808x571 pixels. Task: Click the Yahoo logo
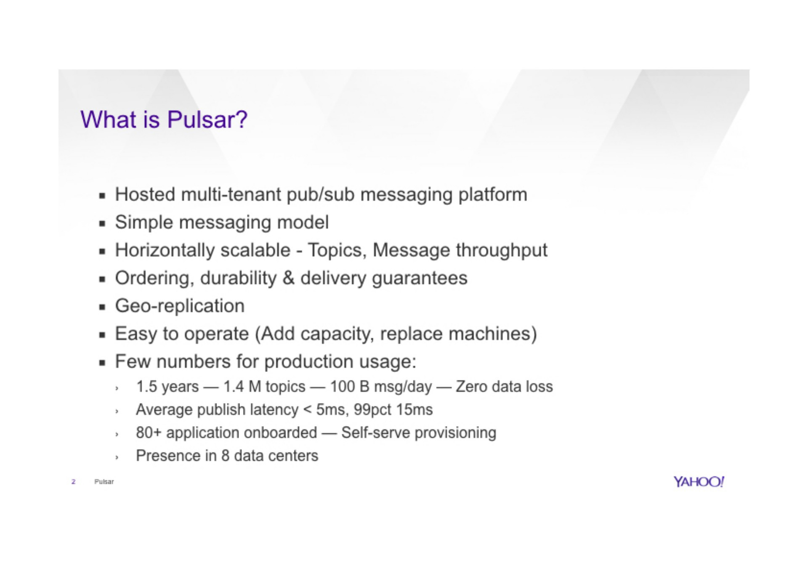pos(699,482)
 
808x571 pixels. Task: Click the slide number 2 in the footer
pos(74,481)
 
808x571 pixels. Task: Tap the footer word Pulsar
pos(104,481)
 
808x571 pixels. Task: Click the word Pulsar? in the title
pos(207,120)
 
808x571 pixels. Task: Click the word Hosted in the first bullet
pos(145,194)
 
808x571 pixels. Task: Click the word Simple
pos(144,223)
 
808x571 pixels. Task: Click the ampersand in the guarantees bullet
pos(289,278)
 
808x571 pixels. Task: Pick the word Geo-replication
pos(180,306)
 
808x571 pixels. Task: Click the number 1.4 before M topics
pos(234,387)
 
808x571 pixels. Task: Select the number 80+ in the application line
pos(149,433)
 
